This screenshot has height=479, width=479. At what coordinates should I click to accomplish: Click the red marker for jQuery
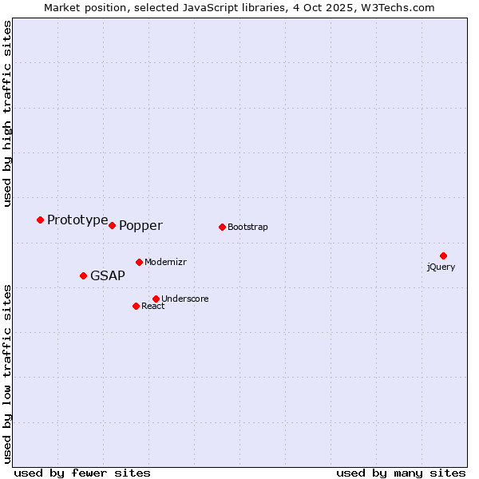click(443, 255)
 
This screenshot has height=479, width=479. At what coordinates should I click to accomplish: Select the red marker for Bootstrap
click(222, 227)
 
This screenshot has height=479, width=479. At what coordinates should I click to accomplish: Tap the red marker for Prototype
click(40, 220)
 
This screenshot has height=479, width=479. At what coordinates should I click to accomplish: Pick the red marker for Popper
click(113, 225)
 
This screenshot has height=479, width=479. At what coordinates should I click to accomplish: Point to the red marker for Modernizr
click(139, 262)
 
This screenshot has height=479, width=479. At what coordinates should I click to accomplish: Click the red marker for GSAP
click(83, 275)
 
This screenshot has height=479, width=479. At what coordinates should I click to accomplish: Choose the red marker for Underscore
click(156, 299)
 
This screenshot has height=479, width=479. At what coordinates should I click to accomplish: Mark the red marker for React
click(136, 306)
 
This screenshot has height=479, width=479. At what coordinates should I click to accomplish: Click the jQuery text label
click(441, 267)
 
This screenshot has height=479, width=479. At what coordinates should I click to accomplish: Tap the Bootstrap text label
click(247, 227)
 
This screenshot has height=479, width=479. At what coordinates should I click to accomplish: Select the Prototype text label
click(77, 220)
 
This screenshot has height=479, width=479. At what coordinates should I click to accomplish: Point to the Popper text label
click(141, 226)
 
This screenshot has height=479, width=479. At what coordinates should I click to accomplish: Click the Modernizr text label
click(165, 262)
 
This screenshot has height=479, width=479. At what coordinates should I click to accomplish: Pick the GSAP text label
click(108, 276)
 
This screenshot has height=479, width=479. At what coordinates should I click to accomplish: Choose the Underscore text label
click(185, 299)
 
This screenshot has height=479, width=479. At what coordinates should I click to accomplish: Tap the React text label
click(153, 306)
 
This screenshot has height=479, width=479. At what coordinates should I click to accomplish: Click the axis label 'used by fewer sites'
click(82, 473)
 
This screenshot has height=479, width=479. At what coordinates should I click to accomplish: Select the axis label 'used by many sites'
click(401, 473)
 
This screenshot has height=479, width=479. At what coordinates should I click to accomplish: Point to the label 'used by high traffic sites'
click(8, 113)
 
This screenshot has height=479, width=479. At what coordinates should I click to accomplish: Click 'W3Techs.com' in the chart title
click(397, 8)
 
